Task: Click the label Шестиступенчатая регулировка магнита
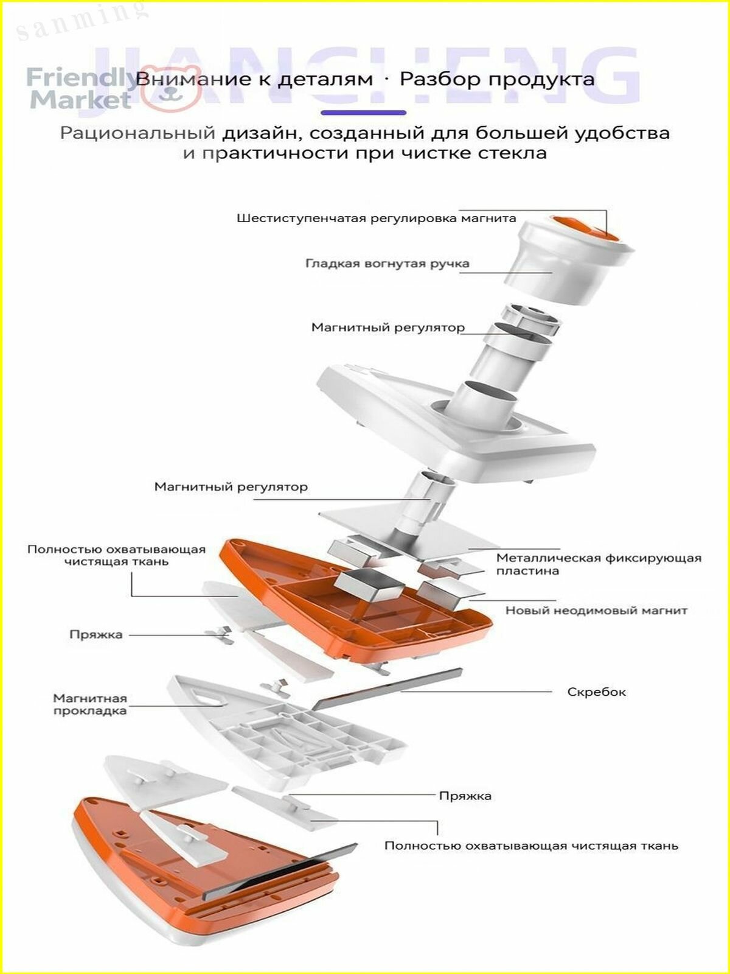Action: pos(377,219)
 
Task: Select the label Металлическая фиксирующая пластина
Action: pos(599,564)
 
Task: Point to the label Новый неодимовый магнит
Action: pos(597,611)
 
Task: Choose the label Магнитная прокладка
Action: pos(90,704)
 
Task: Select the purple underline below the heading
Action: pos(363,113)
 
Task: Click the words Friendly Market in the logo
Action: pos(82,89)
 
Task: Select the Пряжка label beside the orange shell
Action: pos(96,634)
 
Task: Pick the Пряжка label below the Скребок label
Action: pos(465,796)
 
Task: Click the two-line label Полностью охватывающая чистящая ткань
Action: pos(117,555)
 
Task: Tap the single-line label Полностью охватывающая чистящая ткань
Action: pos(531,846)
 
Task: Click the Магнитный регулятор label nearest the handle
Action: pos(388,328)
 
